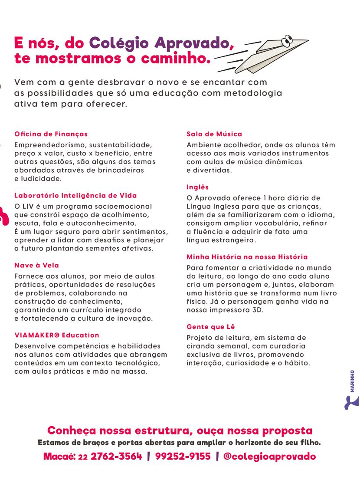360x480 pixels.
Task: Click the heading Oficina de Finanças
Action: pyautogui.click(x=51, y=134)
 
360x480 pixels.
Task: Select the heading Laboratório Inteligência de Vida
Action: pyautogui.click(x=75, y=196)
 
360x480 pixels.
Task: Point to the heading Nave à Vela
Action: pyautogui.click(x=36, y=265)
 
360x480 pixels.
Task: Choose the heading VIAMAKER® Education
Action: pyautogui.click(x=57, y=335)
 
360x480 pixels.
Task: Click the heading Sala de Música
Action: pyautogui.click(x=214, y=134)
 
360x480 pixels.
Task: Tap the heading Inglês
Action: pyautogui.click(x=197, y=187)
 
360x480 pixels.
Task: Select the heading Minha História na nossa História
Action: pyautogui.click(x=247, y=257)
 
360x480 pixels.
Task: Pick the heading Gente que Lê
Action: pyautogui.click(x=211, y=326)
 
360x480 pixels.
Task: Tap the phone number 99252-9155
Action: pyautogui.click(x=183, y=457)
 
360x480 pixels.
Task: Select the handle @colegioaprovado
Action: pyautogui.click(x=269, y=457)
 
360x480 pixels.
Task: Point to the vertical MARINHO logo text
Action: pyautogui.click(x=352, y=381)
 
